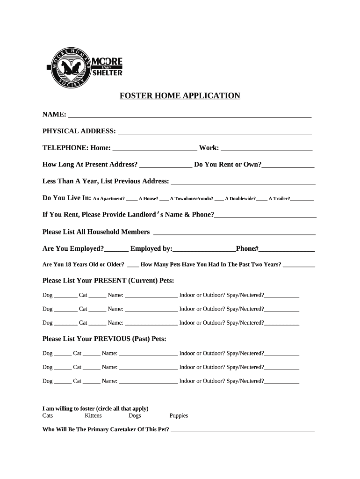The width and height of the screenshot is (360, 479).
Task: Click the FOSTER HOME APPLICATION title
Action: click(180, 96)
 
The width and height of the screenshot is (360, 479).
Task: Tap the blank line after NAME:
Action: click(190, 115)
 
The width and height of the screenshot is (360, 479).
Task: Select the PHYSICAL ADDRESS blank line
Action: click(215, 131)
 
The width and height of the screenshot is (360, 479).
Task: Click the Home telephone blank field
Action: click(155, 148)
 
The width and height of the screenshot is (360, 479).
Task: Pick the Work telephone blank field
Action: click(266, 148)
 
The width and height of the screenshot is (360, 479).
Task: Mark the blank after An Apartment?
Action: click(131, 199)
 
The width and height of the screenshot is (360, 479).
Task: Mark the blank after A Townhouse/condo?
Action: click(219, 199)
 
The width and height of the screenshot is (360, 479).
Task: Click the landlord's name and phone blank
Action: click(266, 216)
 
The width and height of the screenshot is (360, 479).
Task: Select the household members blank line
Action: click(234, 232)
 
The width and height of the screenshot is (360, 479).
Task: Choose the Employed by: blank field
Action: click(204, 249)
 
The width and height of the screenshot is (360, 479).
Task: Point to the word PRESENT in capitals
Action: click(110, 281)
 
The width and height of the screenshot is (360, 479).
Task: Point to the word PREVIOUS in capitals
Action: click(112, 339)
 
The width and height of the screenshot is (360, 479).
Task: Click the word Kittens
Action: click(93, 416)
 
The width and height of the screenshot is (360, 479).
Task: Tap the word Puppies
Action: click(179, 416)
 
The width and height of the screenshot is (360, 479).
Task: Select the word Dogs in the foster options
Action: click(135, 416)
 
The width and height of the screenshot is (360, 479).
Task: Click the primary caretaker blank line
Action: click(243, 430)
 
